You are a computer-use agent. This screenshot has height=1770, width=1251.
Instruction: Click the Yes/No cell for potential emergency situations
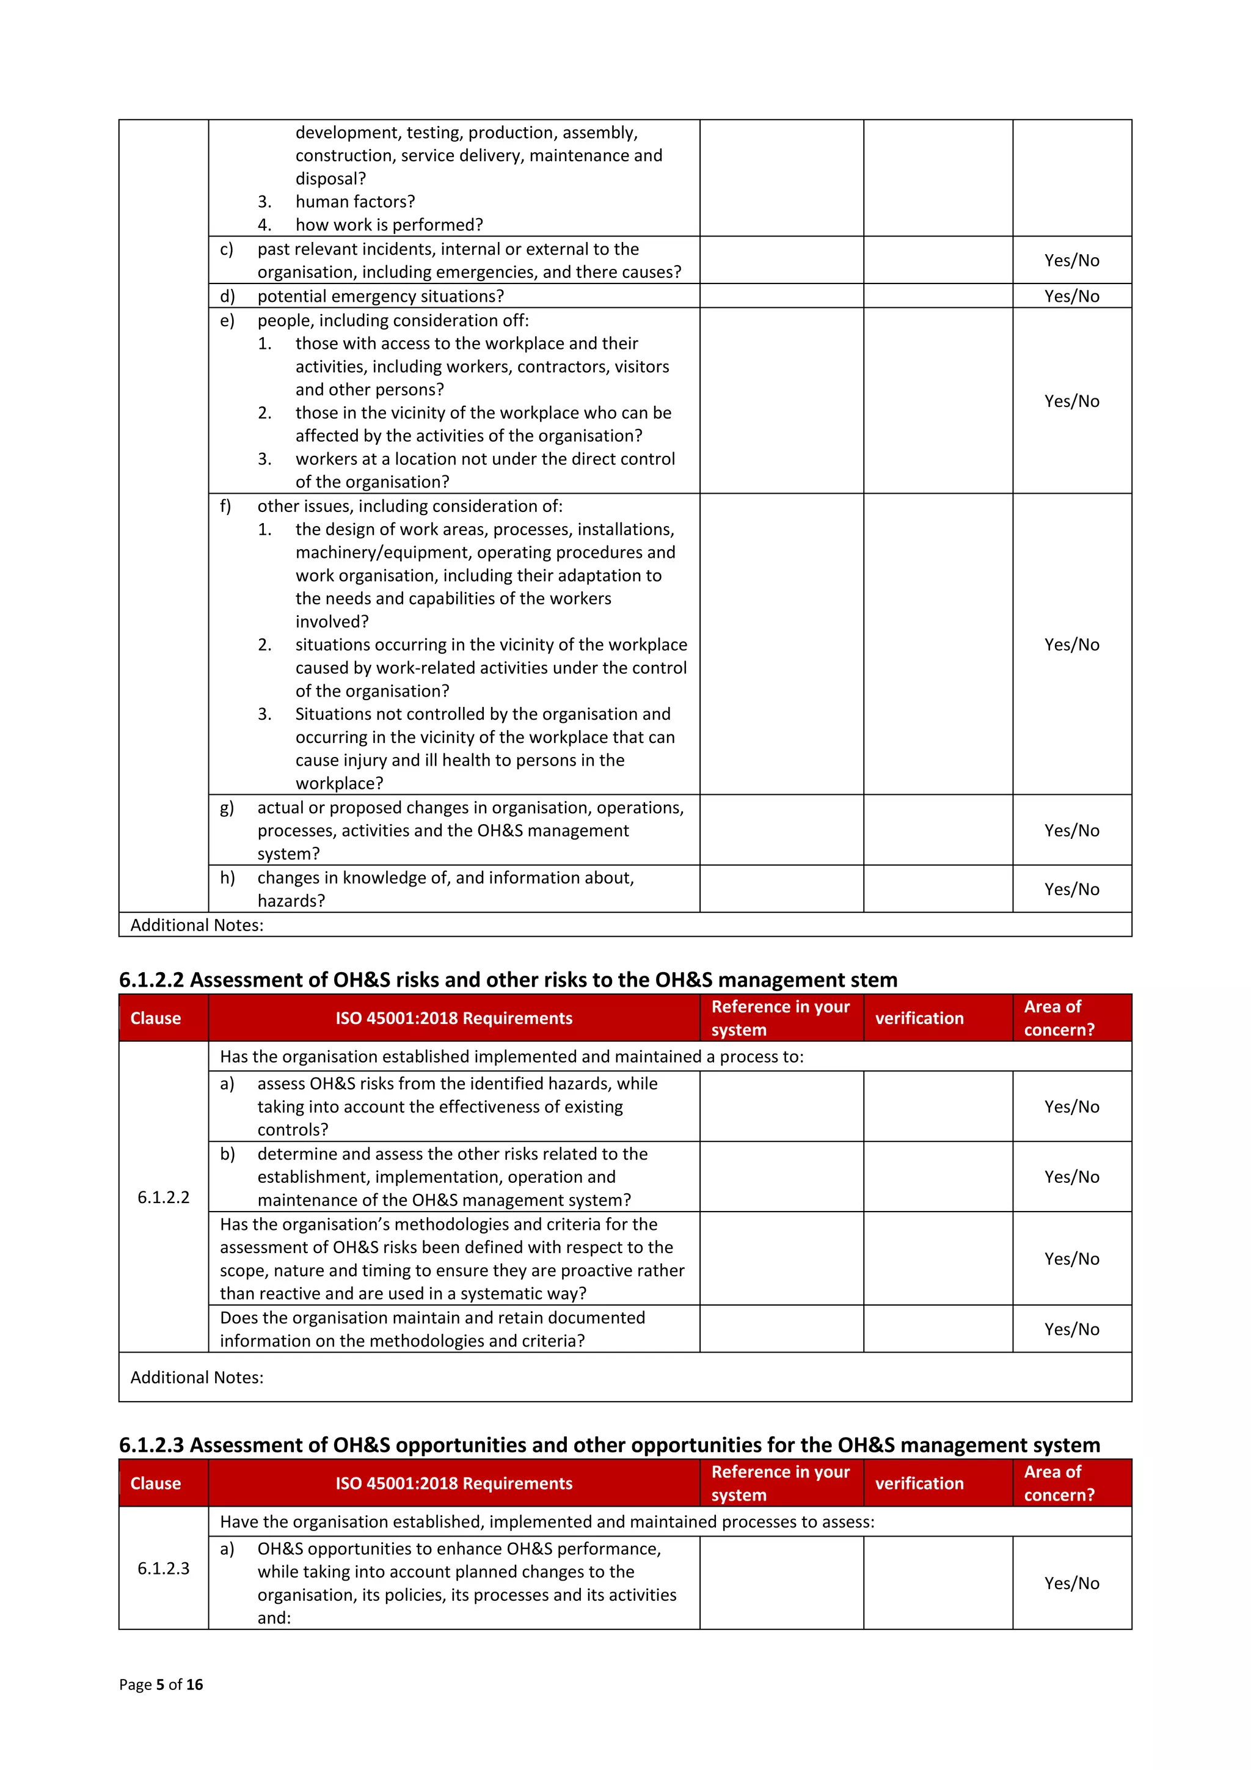(1071, 296)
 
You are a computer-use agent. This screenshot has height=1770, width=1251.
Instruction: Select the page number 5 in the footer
(160, 1684)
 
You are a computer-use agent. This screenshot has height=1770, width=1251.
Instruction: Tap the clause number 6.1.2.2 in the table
(164, 1198)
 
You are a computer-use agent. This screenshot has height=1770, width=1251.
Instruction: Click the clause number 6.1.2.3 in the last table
(164, 1568)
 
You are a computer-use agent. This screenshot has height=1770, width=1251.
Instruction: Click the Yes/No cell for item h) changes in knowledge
(1071, 889)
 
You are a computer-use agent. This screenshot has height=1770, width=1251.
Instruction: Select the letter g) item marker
(227, 807)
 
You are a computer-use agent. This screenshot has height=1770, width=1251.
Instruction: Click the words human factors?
(354, 202)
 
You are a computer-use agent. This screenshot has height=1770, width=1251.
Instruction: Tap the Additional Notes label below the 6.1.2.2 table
(197, 1378)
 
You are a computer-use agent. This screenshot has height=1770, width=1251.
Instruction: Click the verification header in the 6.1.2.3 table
(919, 1483)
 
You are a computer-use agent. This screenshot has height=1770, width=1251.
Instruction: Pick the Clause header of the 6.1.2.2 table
(156, 1018)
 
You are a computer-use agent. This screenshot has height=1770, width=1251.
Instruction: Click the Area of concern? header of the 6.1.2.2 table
(1059, 1018)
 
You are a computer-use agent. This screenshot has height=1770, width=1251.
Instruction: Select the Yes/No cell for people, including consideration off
(1071, 401)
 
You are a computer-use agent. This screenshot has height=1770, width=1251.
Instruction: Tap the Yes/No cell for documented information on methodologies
(1071, 1329)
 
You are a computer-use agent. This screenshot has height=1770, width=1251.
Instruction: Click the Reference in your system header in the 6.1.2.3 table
(779, 1483)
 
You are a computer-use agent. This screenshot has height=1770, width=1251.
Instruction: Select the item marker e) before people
(227, 321)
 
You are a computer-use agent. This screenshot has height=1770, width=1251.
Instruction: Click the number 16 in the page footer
(195, 1684)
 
